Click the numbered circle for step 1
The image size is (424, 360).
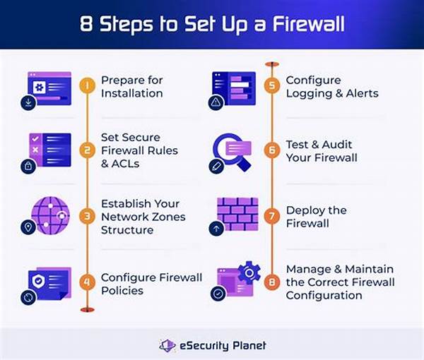pyautogui.click(x=86, y=87)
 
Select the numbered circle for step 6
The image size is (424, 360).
pyautogui.click(x=271, y=150)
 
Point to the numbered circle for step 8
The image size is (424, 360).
pyautogui.click(x=271, y=282)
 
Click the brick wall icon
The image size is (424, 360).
pyautogui.click(x=237, y=211)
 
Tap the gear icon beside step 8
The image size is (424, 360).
pyautogui.click(x=249, y=272)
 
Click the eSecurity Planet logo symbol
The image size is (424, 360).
pyautogui.click(x=167, y=345)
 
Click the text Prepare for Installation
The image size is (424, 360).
pyautogui.click(x=131, y=87)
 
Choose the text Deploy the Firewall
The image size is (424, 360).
pyautogui.click(x=317, y=217)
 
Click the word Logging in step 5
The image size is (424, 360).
pyautogui.click(x=309, y=93)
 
